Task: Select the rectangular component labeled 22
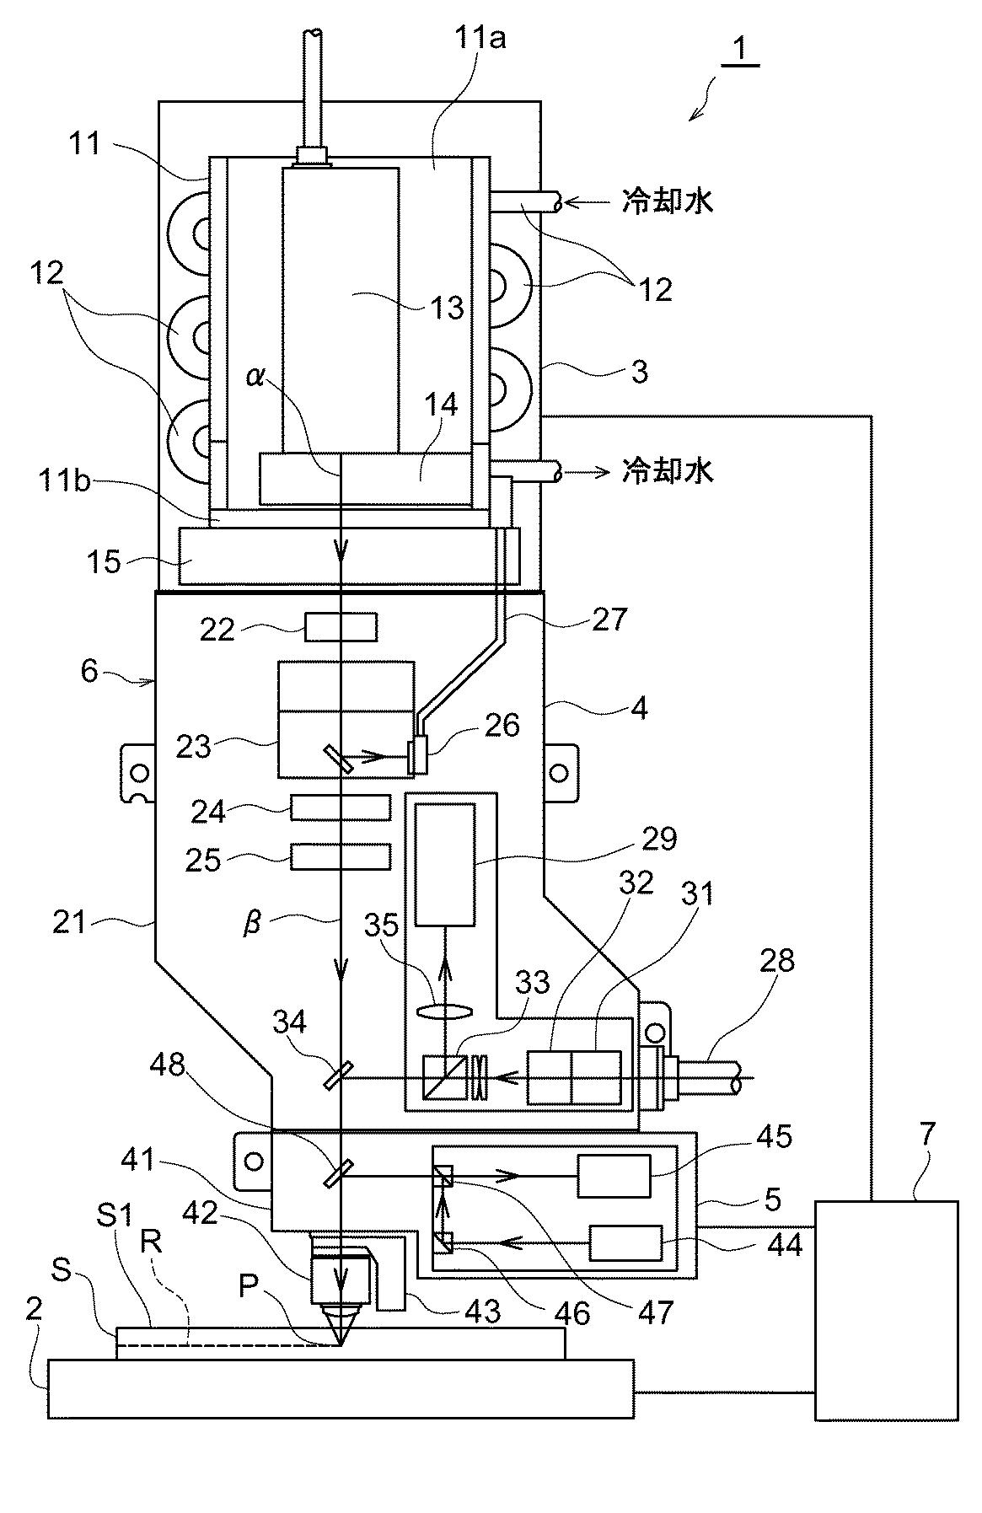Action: point(341,627)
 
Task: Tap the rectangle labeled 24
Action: point(341,807)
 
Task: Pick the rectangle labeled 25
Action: point(341,856)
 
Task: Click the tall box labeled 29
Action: point(445,866)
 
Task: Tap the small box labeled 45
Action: point(614,1176)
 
